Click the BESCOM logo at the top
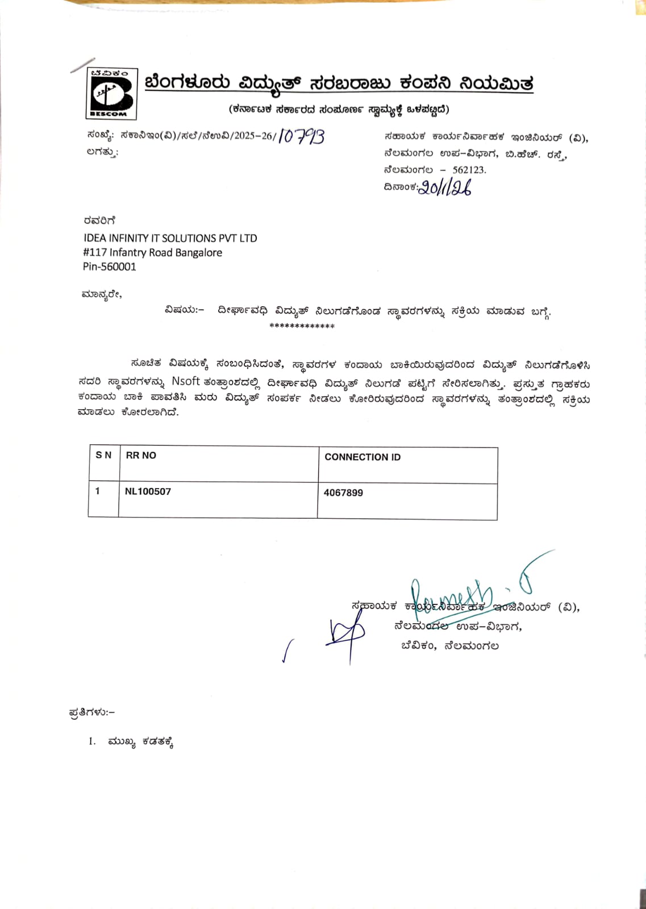click(x=111, y=93)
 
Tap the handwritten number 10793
click(x=302, y=136)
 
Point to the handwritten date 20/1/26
click(x=445, y=187)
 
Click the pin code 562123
click(x=469, y=170)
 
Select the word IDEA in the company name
click(x=94, y=238)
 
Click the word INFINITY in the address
click(x=128, y=238)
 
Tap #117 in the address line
click(x=94, y=252)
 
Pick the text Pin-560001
click(x=110, y=266)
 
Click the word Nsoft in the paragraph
click(x=186, y=381)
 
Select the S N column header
click(x=103, y=455)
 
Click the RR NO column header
click(x=141, y=455)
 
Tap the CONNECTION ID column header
click(x=362, y=457)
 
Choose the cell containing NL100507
click(x=148, y=491)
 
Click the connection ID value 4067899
click(x=343, y=493)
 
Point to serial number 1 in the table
click(x=98, y=491)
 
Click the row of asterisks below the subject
click(x=302, y=326)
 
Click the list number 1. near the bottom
click(x=92, y=741)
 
